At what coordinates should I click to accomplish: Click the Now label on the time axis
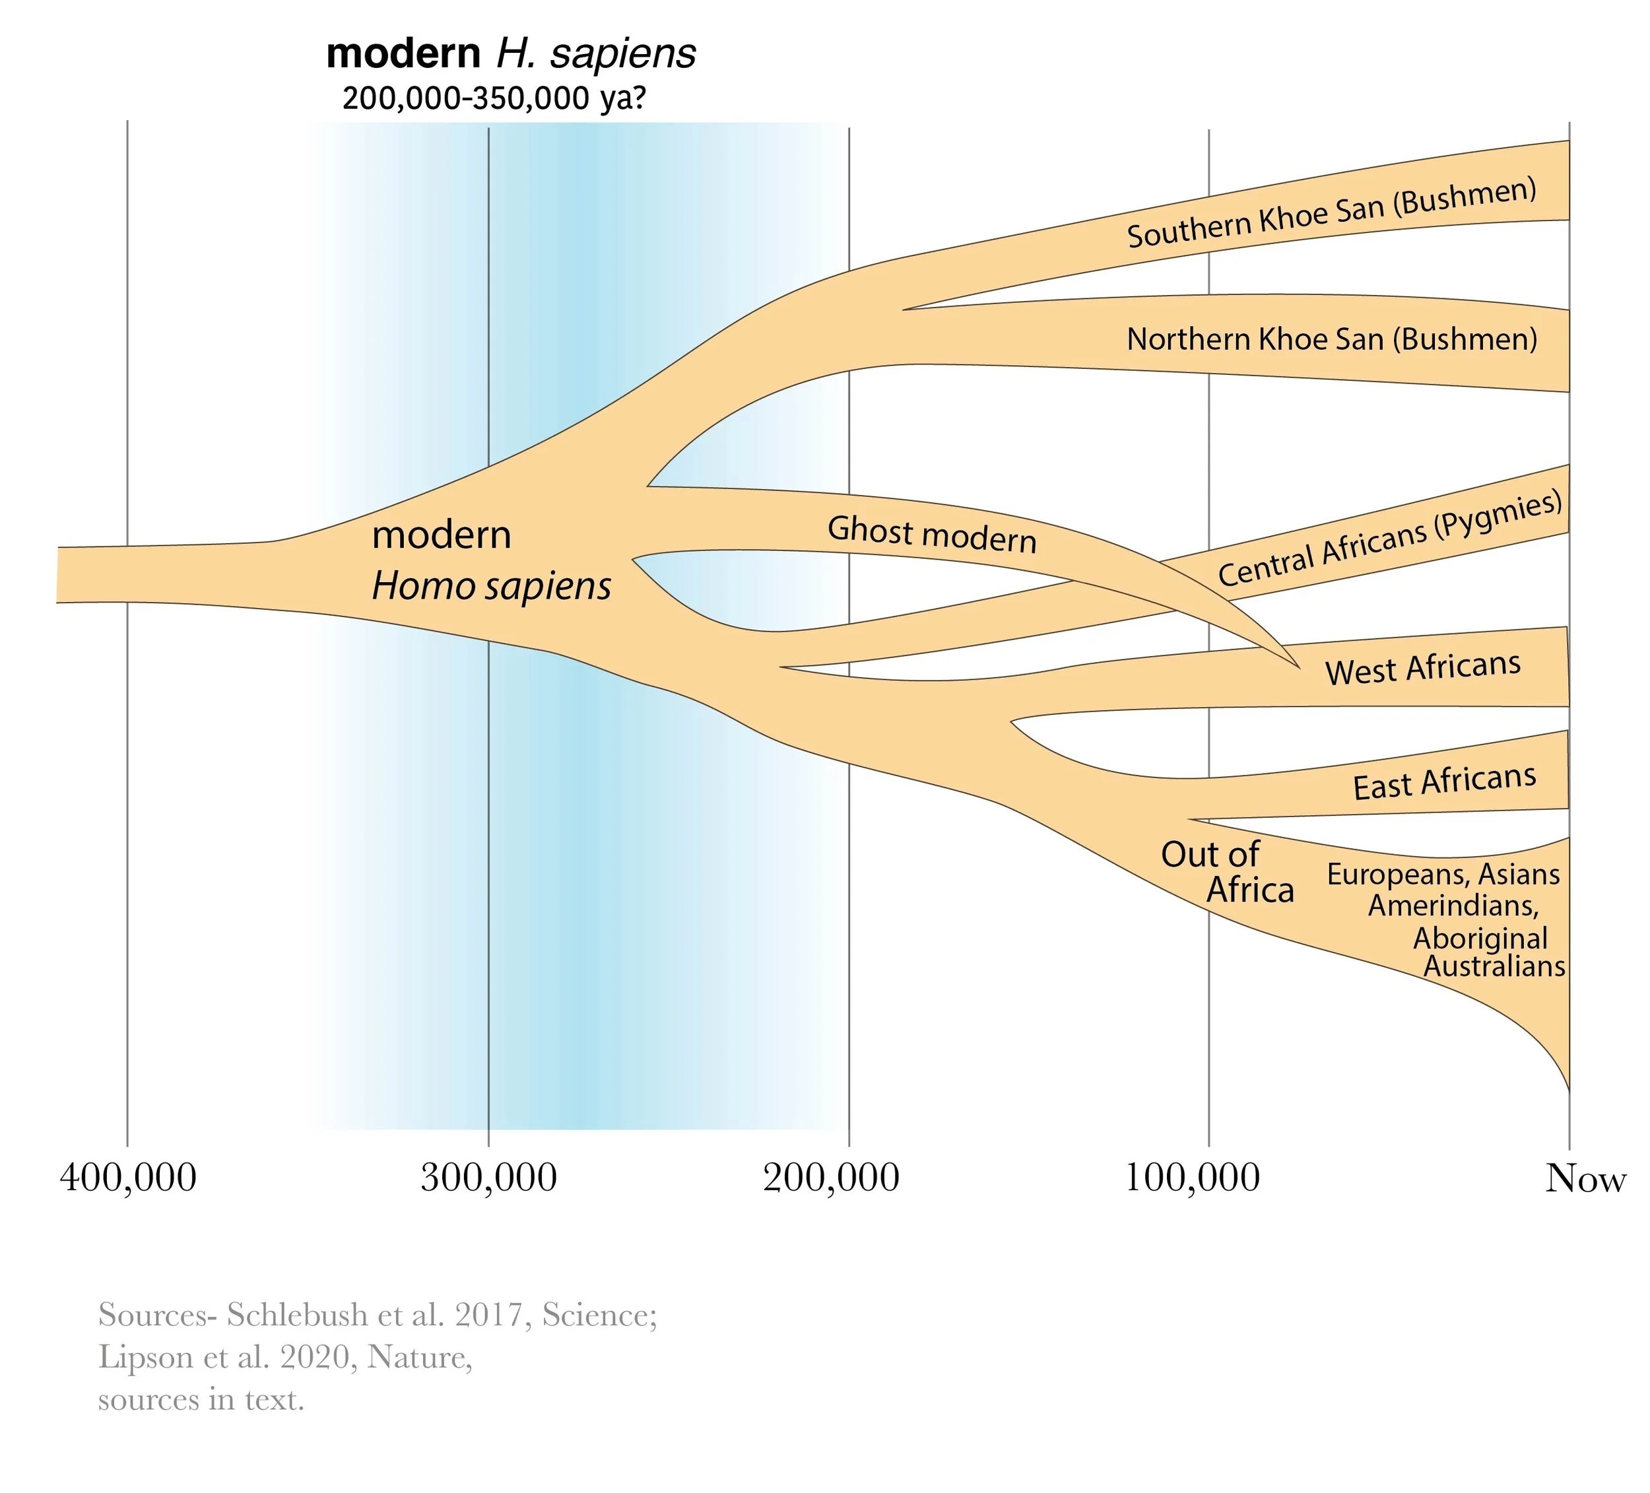pyautogui.click(x=1585, y=1179)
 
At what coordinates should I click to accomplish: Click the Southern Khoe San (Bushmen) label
pyautogui.click(x=1332, y=213)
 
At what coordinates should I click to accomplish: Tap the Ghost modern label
pyautogui.click(x=931, y=535)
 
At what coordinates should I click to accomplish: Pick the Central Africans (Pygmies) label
pyautogui.click(x=1390, y=539)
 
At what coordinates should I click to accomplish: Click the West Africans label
pyautogui.click(x=1422, y=669)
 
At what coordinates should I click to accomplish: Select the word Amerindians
pyautogui.click(x=1453, y=906)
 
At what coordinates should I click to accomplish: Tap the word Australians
pyautogui.click(x=1494, y=967)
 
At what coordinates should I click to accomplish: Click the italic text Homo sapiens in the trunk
pyautogui.click(x=491, y=586)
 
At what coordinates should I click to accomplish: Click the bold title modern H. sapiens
pyautogui.click(x=511, y=54)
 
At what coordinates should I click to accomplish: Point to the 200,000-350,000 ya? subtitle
pyautogui.click(x=494, y=98)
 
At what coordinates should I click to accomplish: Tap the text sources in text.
pyautogui.click(x=201, y=1400)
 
